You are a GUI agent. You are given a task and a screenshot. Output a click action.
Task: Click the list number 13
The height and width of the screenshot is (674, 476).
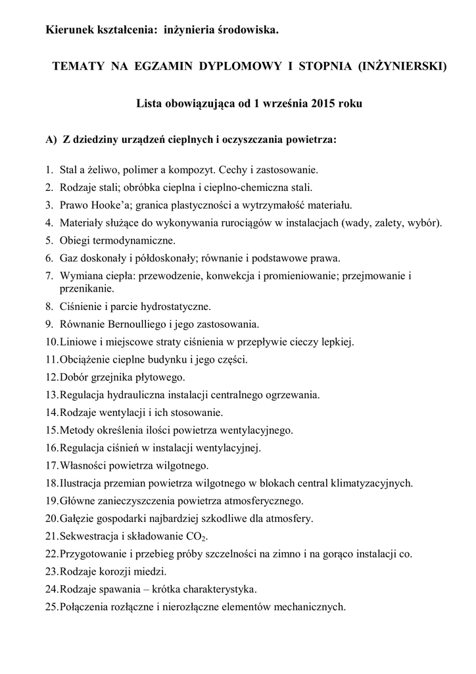point(52,395)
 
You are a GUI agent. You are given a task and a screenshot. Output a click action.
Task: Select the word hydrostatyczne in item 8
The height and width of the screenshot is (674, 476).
point(172,306)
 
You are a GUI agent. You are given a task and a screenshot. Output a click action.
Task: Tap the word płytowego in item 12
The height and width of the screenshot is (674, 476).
point(162,377)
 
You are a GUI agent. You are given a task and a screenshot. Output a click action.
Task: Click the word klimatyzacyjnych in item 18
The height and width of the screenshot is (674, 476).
point(371,484)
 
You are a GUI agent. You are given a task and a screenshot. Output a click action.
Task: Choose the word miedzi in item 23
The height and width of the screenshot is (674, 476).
point(152,571)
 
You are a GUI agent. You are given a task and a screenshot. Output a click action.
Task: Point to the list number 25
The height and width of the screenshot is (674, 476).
point(52,606)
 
